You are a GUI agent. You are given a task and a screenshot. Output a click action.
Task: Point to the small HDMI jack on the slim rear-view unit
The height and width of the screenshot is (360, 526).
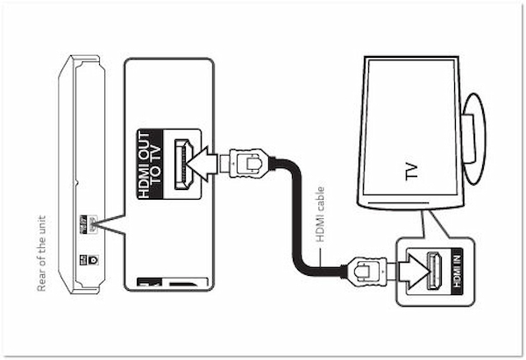click(90, 220)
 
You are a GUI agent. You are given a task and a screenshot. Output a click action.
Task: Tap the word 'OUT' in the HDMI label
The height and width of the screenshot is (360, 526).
click(150, 154)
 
